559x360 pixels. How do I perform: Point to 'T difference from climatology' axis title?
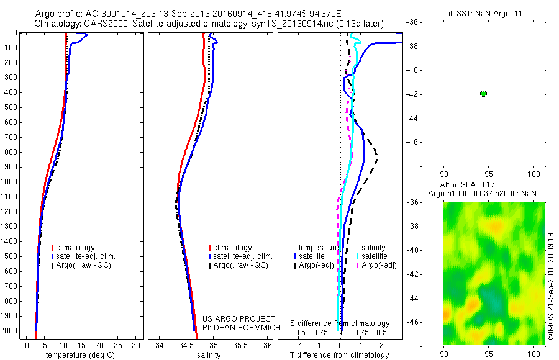pyautogui.click(x=340, y=355)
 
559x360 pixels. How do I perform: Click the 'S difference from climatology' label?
pyautogui.click(x=340, y=323)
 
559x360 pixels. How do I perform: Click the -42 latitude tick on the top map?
pyautogui.click(x=413, y=94)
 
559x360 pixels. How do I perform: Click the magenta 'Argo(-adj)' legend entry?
pyautogui.click(x=379, y=265)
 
